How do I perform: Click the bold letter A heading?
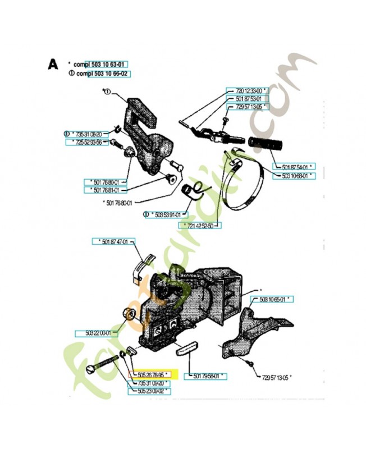(x=53, y=65)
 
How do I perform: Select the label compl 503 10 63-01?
(x=103, y=65)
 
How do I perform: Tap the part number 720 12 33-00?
(x=248, y=90)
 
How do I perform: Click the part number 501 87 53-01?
(x=246, y=98)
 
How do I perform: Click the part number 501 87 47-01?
(x=114, y=241)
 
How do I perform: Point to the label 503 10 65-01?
(x=274, y=300)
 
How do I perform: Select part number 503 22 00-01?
(x=96, y=332)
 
